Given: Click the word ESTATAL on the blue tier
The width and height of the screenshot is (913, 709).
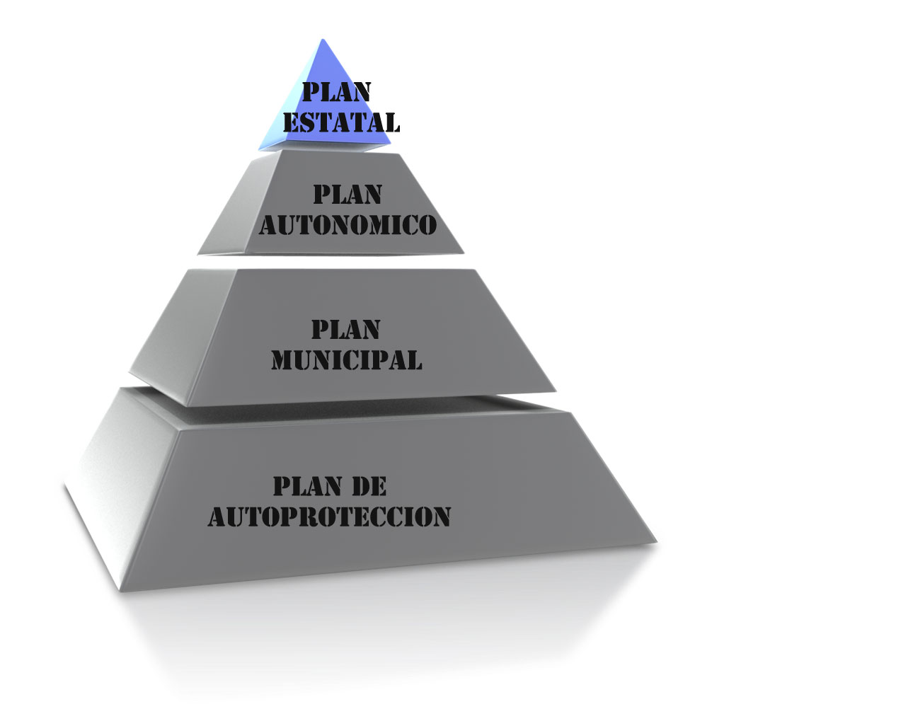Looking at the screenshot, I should (342, 122).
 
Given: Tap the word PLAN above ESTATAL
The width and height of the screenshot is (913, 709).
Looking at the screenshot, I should (337, 92).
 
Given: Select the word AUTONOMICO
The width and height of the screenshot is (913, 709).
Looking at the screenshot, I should (348, 225).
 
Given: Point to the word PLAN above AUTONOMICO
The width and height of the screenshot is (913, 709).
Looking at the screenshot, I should (348, 194).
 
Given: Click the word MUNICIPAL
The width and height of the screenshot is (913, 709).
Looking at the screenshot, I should (347, 359).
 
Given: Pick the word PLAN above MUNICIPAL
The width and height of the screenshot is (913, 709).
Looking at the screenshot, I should (346, 329).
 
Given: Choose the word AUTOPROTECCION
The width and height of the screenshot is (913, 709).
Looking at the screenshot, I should (330, 516).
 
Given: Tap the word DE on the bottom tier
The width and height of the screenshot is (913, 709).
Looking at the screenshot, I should (369, 486).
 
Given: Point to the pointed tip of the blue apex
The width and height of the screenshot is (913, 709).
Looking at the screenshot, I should (323, 41).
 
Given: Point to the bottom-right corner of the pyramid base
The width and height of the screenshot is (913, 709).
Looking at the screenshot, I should (655, 542).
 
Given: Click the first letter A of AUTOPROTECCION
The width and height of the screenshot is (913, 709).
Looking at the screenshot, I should (217, 517).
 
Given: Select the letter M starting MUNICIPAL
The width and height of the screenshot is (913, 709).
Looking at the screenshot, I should (282, 360).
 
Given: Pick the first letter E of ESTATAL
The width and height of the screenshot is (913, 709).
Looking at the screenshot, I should (291, 122).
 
